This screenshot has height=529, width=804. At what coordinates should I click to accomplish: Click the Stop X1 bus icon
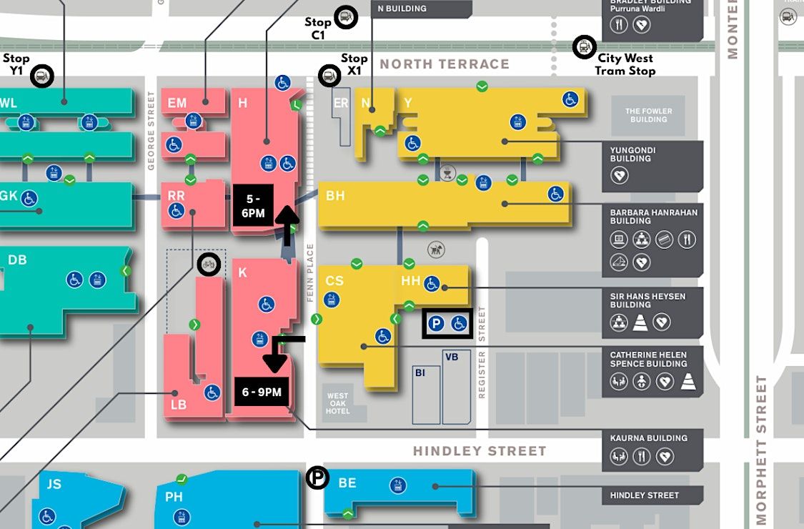(329, 75)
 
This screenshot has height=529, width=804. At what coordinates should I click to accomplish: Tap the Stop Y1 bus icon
(42, 76)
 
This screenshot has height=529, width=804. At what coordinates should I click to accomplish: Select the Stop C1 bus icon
(346, 17)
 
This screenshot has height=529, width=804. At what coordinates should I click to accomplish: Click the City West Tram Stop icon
(585, 48)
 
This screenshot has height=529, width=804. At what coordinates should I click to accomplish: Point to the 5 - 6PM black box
(253, 205)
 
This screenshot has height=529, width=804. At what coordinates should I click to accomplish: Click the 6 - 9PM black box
(262, 392)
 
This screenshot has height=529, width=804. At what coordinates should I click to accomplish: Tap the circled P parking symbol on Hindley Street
(317, 478)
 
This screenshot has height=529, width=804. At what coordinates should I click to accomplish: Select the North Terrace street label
(445, 64)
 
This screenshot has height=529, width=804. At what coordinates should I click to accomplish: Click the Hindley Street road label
(480, 451)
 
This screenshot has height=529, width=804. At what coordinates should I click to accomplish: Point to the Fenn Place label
(311, 272)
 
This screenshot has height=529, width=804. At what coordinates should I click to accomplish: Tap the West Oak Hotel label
(338, 404)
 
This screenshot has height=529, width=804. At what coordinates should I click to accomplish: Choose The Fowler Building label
(645, 115)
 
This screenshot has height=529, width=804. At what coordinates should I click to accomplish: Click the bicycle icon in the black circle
(209, 264)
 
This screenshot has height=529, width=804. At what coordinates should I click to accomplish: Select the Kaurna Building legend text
(648, 438)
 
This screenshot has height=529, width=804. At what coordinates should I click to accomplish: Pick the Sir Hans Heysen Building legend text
(647, 300)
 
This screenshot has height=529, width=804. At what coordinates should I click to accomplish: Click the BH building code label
(335, 195)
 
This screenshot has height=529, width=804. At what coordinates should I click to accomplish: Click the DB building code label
(17, 259)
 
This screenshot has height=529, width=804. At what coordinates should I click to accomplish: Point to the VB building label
(452, 357)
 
